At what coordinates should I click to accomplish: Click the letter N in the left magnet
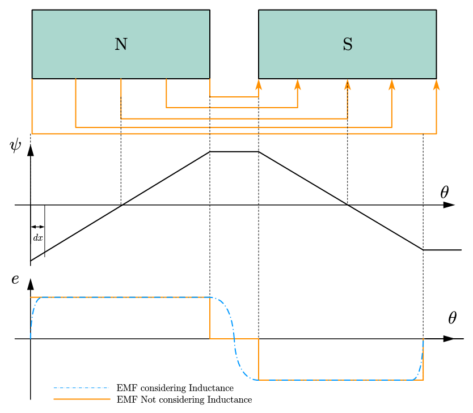pyautogui.click(x=121, y=44)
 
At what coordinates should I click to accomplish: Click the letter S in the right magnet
pyautogui.click(x=348, y=44)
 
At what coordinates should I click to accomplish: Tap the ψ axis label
pyautogui.click(x=16, y=146)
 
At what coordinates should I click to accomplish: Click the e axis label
pyautogui.click(x=15, y=279)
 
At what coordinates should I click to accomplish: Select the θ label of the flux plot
pyautogui.click(x=445, y=193)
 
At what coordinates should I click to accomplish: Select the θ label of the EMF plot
pyautogui.click(x=452, y=318)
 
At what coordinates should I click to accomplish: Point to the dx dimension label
pyautogui.click(x=37, y=238)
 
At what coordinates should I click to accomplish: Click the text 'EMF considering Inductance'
pyautogui.click(x=175, y=388)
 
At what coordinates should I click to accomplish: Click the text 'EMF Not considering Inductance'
pyautogui.click(x=184, y=400)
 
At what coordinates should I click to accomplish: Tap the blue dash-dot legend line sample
pyautogui.click(x=81, y=388)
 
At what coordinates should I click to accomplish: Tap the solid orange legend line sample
pyautogui.click(x=81, y=399)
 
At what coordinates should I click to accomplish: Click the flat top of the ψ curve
pyautogui.click(x=234, y=151)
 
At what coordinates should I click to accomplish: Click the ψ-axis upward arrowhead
pyautogui.click(x=31, y=150)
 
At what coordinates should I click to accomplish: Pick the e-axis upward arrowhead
pyautogui.click(x=31, y=284)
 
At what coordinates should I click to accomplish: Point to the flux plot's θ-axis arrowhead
pyautogui.click(x=449, y=205)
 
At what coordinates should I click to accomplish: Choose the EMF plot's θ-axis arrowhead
pyautogui.click(x=449, y=339)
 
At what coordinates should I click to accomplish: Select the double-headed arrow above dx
pyautogui.click(x=37, y=227)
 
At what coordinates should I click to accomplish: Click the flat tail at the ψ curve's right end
pyautogui.click(x=442, y=249)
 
